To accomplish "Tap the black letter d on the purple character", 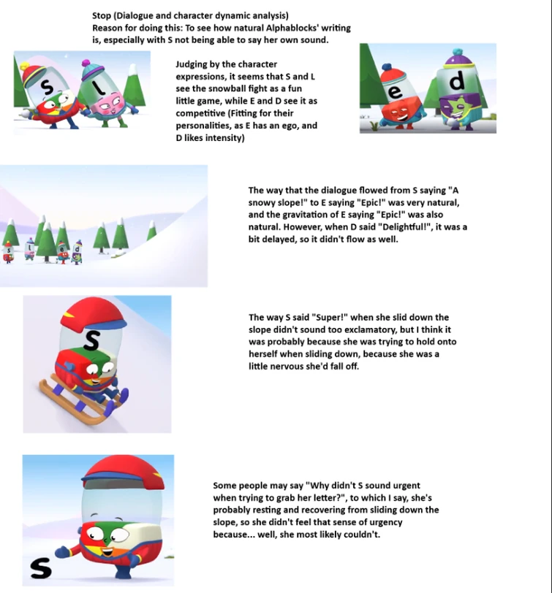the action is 457,81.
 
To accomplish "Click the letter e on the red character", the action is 395,91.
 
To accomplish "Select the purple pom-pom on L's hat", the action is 87,63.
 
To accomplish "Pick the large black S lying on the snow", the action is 40,568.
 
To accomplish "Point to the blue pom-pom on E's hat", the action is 387,67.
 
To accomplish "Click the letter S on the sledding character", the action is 91,340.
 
